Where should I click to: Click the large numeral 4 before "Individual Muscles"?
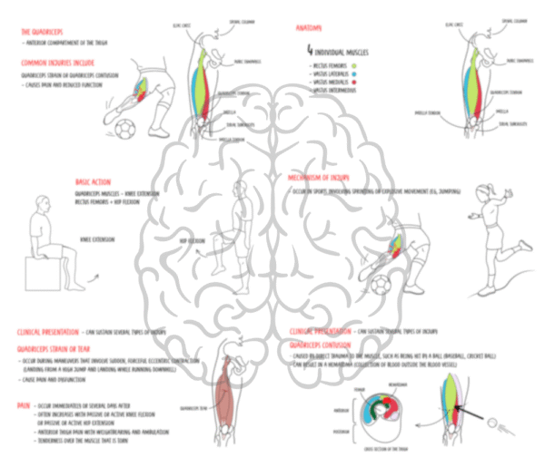pos(311,53)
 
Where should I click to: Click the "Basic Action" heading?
pos(94,181)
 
